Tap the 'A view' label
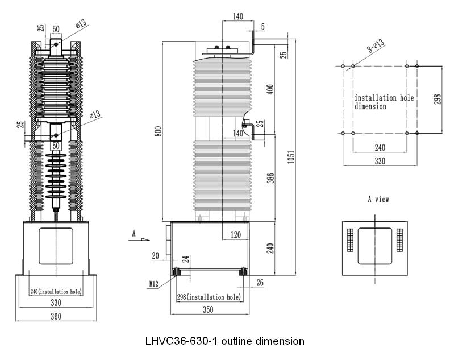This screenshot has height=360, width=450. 378,199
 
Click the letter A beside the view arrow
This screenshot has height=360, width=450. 134,233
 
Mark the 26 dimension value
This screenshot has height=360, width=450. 260,282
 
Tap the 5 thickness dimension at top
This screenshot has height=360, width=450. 263,26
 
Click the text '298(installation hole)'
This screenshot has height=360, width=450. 208,297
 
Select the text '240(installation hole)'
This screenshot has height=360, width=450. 55,292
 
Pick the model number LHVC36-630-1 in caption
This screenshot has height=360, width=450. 175,341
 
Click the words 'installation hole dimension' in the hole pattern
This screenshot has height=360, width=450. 384,102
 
